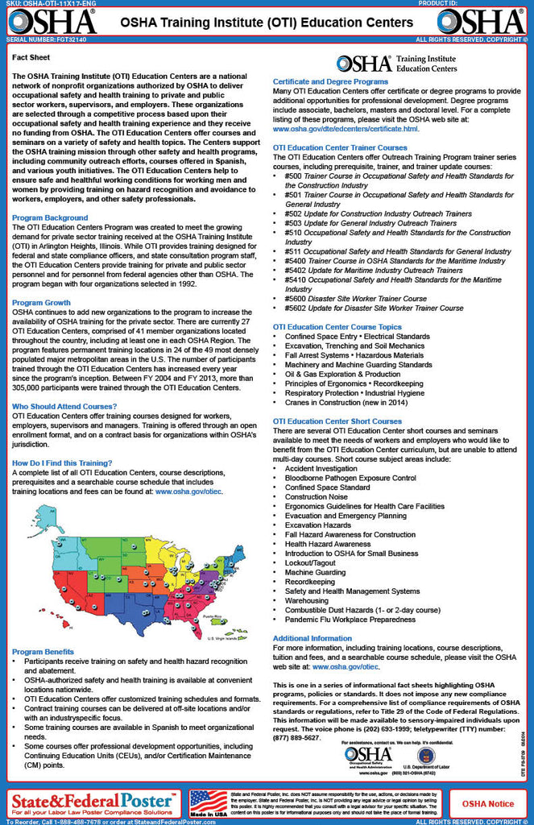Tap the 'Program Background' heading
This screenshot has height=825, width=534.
[50, 218]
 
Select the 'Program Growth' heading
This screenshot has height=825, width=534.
[41, 302]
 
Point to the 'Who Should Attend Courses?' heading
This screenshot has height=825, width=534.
[65, 406]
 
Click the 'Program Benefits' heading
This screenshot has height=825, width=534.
[44, 650]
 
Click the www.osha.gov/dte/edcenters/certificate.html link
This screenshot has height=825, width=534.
[346, 128]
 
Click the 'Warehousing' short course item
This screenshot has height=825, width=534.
[306, 600]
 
